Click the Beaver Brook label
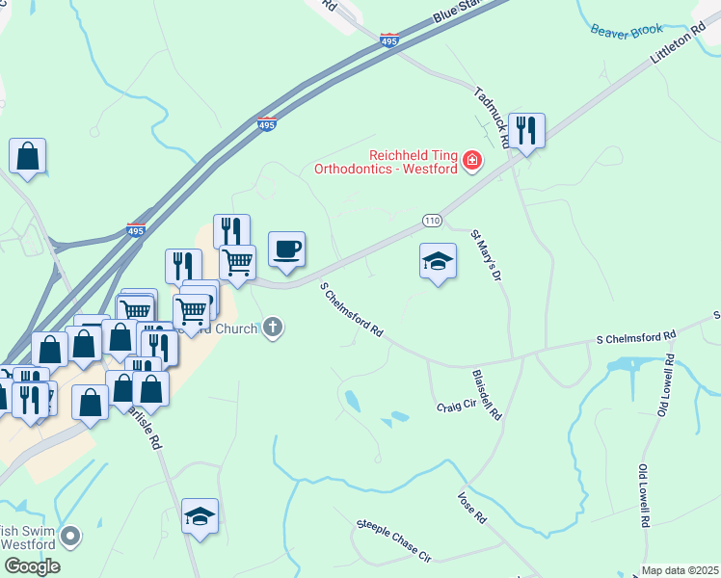[628, 31]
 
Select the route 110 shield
[432, 222]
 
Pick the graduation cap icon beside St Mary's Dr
[438, 259]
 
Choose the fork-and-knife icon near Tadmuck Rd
[526, 131]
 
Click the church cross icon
[273, 328]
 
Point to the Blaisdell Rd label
[487, 393]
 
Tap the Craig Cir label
[456, 406]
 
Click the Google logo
[31, 565]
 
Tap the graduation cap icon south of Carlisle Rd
[200, 516]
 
